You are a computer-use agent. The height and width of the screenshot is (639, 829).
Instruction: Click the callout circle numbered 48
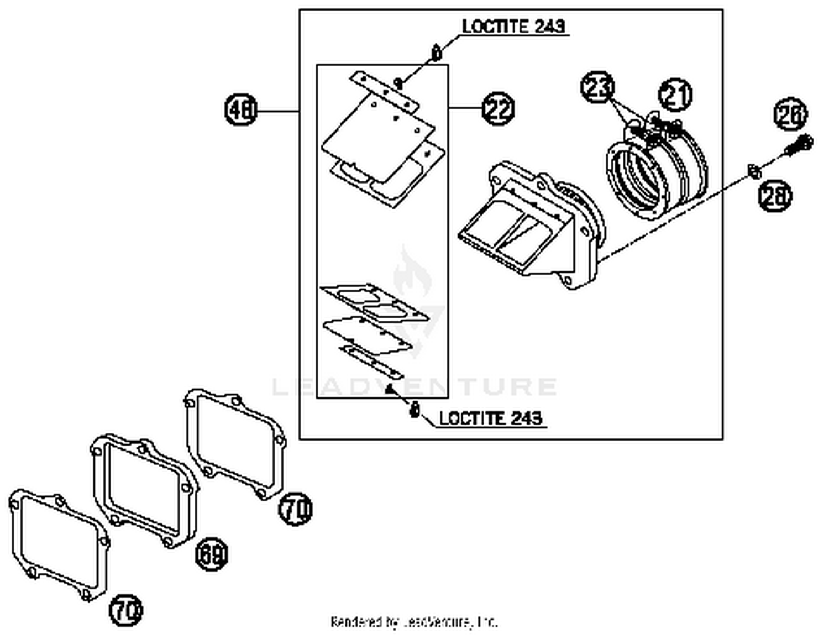pos(242,109)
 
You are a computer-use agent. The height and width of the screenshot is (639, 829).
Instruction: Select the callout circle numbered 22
pos(498,109)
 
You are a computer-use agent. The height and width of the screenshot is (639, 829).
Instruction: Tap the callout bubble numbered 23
pos(597,87)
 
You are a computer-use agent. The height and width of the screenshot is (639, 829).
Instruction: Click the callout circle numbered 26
pos(790,114)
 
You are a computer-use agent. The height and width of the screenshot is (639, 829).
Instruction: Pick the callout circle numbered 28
pos(774,196)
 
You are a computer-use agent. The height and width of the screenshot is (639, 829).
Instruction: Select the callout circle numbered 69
pos(212,554)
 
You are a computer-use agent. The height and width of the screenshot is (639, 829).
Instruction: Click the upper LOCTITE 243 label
pos(513,27)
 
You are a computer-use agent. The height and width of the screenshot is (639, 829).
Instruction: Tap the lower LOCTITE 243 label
pos(490,418)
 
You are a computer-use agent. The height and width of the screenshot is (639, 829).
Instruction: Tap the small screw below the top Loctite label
pos(437,53)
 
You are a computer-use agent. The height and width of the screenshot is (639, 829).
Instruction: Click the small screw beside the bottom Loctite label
pos(414,411)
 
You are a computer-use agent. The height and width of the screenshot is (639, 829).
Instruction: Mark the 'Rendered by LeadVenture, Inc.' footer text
pos(414,622)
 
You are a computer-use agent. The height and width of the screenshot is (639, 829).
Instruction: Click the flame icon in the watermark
pos(411,274)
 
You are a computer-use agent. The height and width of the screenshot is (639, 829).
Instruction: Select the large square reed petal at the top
pos(376,135)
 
